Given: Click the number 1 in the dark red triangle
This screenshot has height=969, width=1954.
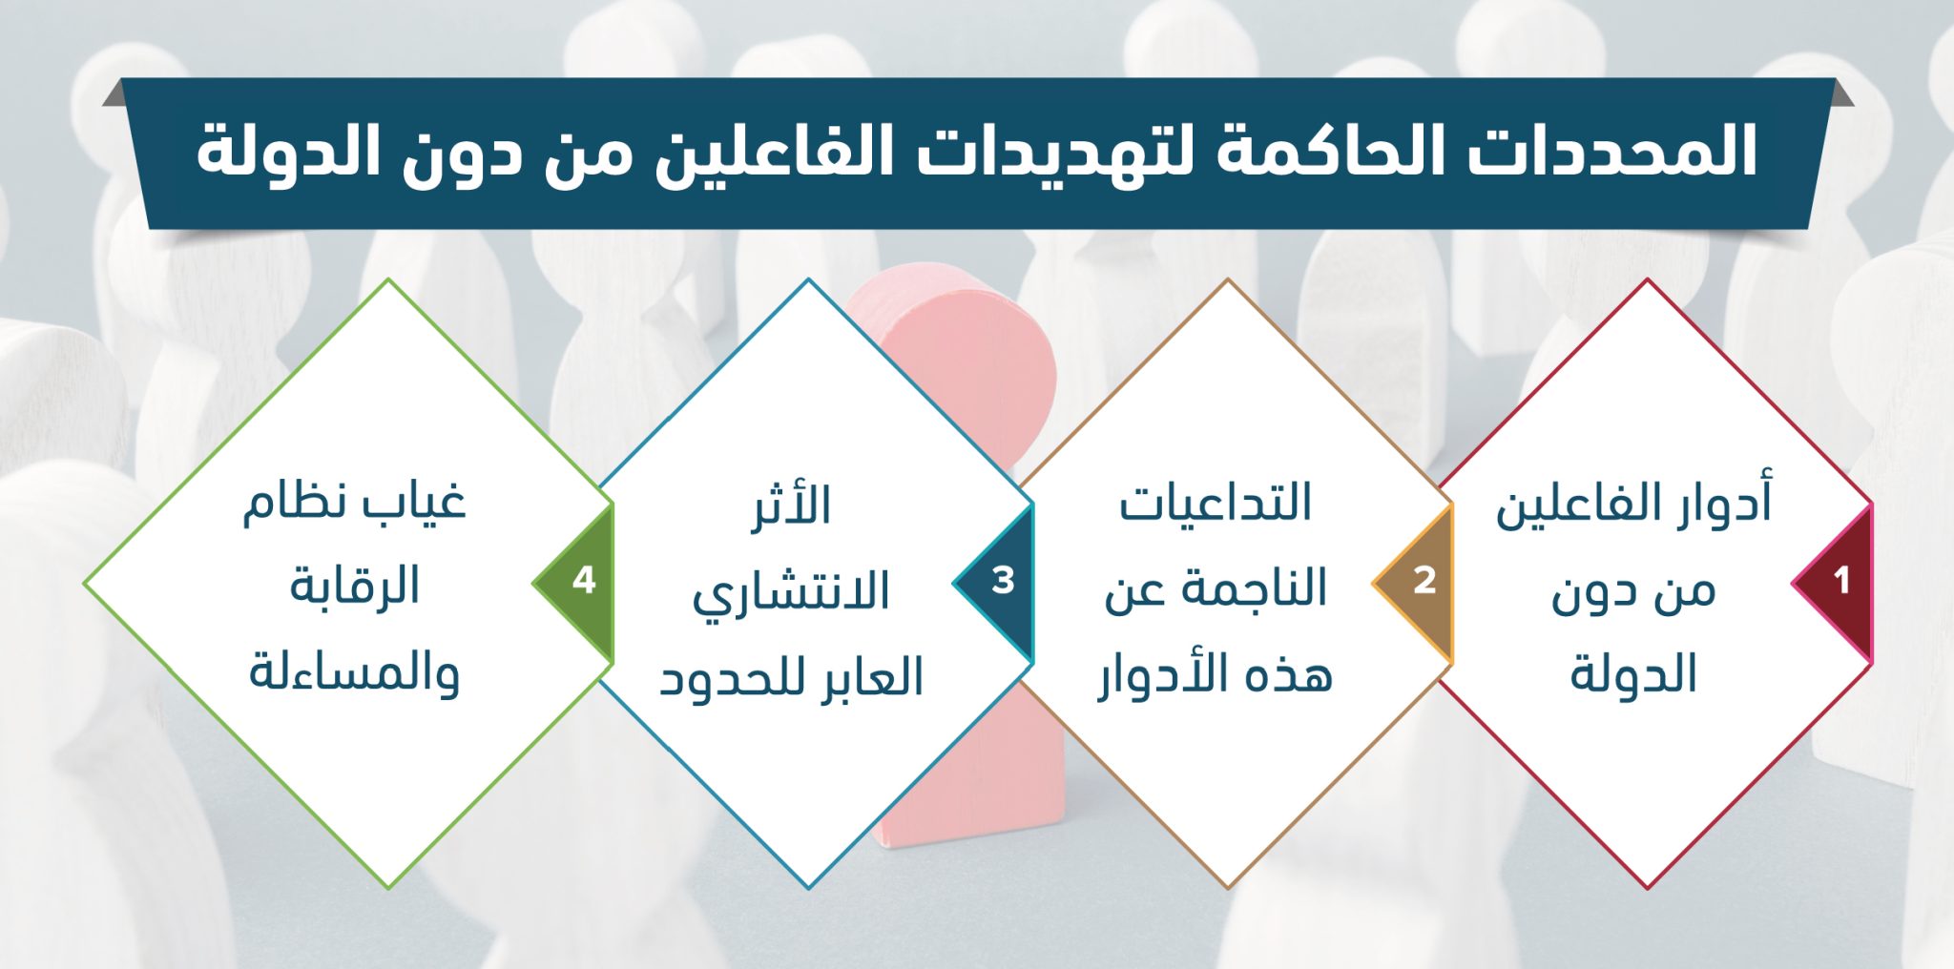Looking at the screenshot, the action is (1841, 580).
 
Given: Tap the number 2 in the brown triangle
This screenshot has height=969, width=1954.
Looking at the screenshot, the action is (1424, 580).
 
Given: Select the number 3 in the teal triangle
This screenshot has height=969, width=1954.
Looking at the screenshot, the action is (1003, 580).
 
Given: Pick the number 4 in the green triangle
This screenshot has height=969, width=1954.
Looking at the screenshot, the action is (584, 580).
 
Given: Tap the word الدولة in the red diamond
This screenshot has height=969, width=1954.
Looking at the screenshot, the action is (1633, 673).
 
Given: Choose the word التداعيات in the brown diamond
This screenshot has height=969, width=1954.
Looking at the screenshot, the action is (1216, 503).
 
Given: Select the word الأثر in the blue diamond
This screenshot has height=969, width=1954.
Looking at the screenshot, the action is (791, 505).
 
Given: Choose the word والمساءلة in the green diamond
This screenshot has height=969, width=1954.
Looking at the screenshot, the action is (355, 671).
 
